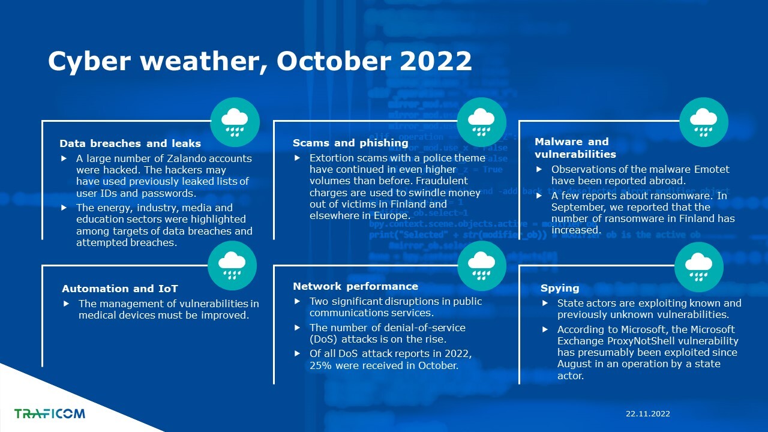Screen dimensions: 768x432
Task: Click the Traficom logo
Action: [x=50, y=413]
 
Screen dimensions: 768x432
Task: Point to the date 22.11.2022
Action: [x=647, y=414]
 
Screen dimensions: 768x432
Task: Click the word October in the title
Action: [x=334, y=61]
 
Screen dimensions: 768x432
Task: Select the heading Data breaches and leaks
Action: [x=130, y=143]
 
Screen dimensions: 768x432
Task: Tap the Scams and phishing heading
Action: [x=350, y=143]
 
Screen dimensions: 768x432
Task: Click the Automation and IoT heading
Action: [x=119, y=289]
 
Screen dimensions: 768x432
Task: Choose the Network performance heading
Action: [x=355, y=286]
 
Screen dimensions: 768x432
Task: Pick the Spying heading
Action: [x=560, y=289]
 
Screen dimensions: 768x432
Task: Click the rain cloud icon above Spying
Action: [x=699, y=267]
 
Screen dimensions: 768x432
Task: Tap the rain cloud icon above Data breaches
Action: [x=235, y=122]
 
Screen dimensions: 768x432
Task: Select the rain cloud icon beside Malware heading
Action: [x=704, y=122]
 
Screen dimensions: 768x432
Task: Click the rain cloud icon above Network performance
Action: [x=482, y=266]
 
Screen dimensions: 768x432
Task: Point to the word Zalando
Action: [x=186, y=158]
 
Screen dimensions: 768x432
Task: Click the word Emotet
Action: [x=712, y=169]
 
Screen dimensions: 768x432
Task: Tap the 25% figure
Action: [x=320, y=365]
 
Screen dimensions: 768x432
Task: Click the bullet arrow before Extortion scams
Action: [x=297, y=158]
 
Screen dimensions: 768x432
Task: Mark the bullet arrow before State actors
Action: [x=545, y=303]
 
